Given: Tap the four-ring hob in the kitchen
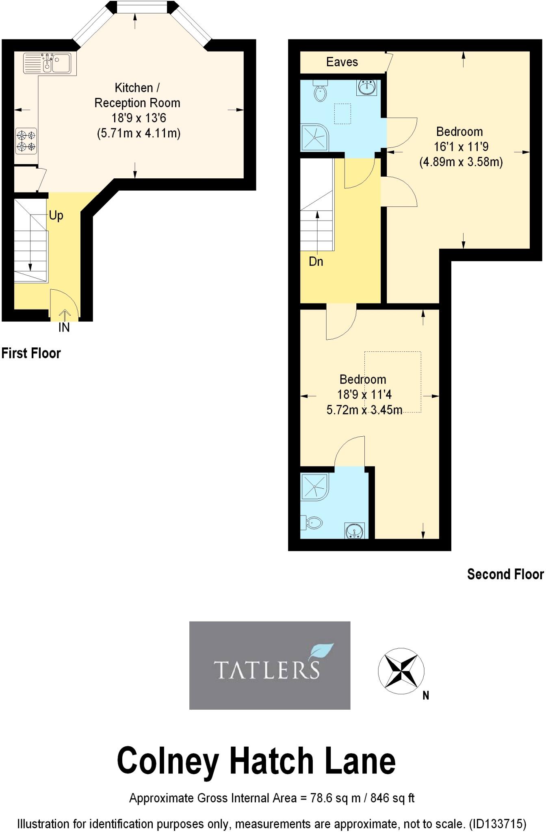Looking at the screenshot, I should tap(26, 141).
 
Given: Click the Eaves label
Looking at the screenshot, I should tap(342, 62).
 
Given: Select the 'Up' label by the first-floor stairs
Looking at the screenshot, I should tap(56, 215).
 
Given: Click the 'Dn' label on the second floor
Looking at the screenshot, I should tap(316, 262).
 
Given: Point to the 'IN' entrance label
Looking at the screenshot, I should tap(64, 327).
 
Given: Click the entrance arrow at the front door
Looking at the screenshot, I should tap(65, 314).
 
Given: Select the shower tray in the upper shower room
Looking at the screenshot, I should tap(314, 137).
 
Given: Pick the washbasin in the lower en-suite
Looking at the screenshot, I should tap(355, 531).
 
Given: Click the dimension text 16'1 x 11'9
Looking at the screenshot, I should tap(461, 147).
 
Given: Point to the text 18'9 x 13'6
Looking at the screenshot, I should tap(139, 118).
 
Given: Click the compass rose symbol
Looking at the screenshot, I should tap(401, 672).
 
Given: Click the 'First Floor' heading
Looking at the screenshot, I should tap(31, 353).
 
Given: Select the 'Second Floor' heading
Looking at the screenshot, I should tap(505, 574).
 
